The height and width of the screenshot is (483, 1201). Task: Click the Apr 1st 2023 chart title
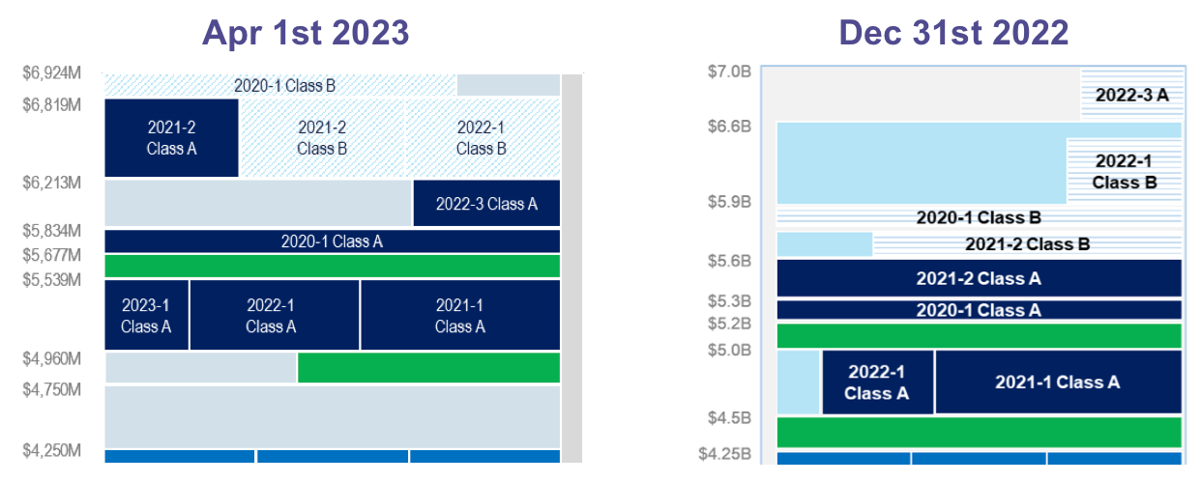click(x=306, y=33)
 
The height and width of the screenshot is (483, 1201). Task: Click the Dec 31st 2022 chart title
click(x=953, y=33)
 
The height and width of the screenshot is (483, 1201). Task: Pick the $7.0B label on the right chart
click(x=730, y=71)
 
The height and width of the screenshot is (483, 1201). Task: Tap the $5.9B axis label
click(x=730, y=202)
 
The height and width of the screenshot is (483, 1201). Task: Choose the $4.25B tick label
click(x=724, y=452)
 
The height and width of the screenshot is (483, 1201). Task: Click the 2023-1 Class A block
click(x=146, y=316)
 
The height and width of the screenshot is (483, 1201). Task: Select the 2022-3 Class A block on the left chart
click(x=486, y=204)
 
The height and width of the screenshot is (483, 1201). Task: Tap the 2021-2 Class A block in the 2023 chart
click(x=171, y=137)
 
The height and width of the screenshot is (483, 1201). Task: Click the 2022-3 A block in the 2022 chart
click(x=1132, y=95)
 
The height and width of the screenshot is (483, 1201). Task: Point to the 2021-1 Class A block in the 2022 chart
click(x=1058, y=383)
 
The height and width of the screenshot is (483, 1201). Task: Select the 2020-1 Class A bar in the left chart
click(x=332, y=241)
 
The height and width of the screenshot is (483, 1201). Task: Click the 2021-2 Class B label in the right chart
click(x=1027, y=244)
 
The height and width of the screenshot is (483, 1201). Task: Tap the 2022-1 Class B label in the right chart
click(x=1125, y=171)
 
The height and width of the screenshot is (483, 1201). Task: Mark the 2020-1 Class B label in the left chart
click(x=284, y=86)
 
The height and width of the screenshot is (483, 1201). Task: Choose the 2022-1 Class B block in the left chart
click(x=482, y=137)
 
